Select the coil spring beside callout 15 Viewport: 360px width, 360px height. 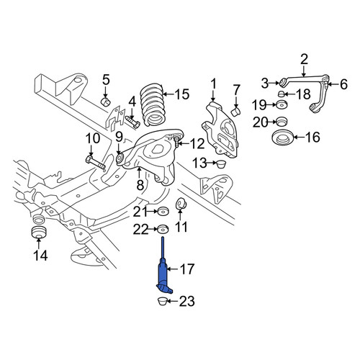(152, 105)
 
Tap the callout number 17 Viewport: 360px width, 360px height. (186, 269)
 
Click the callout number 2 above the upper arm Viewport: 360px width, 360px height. (304, 60)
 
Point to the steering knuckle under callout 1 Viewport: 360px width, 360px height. (219, 130)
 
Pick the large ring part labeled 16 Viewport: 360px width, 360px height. (282, 138)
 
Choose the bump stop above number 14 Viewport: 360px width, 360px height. (38, 233)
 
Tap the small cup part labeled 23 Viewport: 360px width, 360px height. (163, 301)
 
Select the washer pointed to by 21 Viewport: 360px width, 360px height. (163, 211)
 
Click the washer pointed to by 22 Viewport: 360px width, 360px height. (163, 229)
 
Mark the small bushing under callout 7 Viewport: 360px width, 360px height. (236, 112)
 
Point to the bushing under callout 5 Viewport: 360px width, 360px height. (105, 102)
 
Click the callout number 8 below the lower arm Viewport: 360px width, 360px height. (140, 185)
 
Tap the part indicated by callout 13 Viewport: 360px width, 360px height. (221, 164)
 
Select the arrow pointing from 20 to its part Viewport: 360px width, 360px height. (272, 122)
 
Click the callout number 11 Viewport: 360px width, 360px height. (181, 226)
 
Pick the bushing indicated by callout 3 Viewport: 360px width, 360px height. (284, 82)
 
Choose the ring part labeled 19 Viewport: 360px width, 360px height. (282, 105)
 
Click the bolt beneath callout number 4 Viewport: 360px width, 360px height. (132, 122)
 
